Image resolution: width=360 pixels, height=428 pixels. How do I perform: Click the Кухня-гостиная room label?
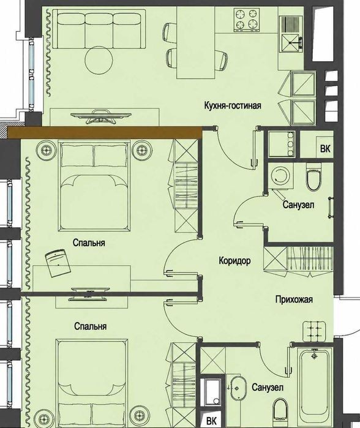[x=233, y=105]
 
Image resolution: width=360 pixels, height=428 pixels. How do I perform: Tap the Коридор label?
[x=234, y=261]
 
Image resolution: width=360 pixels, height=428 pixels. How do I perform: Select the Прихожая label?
[x=294, y=299]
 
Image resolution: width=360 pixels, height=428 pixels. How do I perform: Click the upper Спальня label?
[x=89, y=242]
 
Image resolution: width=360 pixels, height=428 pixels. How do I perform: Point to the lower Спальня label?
[x=91, y=326]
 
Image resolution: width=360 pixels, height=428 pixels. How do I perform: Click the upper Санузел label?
[x=298, y=205]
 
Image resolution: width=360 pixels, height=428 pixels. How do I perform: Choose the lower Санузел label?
[x=268, y=387]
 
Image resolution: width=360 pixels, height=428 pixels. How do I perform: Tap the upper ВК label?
[x=325, y=149]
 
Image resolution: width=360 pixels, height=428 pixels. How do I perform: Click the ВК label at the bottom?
[x=211, y=421]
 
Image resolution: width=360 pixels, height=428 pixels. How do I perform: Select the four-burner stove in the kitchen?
[x=247, y=19]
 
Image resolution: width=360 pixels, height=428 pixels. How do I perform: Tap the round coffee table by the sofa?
[x=99, y=61]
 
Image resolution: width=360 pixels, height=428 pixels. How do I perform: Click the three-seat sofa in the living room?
[x=99, y=29]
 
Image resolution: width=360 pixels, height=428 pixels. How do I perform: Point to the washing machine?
[x=281, y=176]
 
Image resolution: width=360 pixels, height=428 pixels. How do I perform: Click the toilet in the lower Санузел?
[x=280, y=410]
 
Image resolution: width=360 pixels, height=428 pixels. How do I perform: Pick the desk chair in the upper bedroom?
[x=58, y=263]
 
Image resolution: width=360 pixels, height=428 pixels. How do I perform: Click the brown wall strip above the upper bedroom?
[x=105, y=132]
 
